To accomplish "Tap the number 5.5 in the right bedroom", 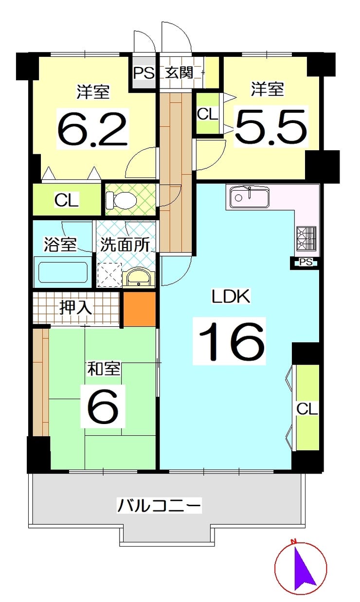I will pyautogui.click(x=271, y=126).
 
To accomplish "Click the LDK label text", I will pyautogui.click(x=230, y=296).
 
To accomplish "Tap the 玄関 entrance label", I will pyautogui.click(x=179, y=73).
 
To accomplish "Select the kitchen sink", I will pyautogui.click(x=249, y=197).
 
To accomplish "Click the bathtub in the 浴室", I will pyautogui.click(x=62, y=273).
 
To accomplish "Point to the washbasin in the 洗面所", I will pyautogui.click(x=140, y=278).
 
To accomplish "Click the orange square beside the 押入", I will pyautogui.click(x=139, y=309).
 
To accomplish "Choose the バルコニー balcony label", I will pyautogui.click(x=159, y=506).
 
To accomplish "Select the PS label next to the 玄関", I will pyautogui.click(x=144, y=73).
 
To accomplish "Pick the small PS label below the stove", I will pyautogui.click(x=306, y=263).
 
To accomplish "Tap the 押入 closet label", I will pyautogui.click(x=75, y=307).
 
